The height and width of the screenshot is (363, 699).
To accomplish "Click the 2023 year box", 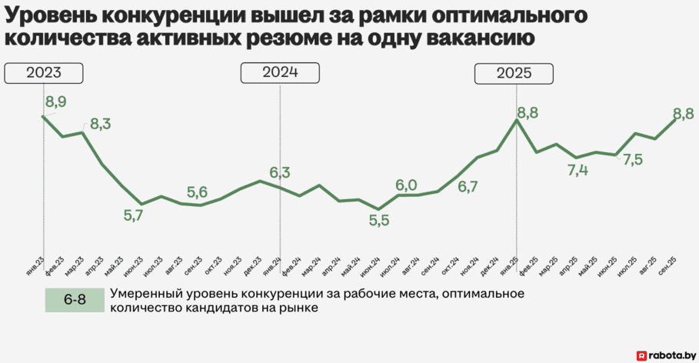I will [43, 73].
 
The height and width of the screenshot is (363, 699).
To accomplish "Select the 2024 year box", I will [280, 73].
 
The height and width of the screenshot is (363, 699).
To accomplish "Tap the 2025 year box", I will [513, 74].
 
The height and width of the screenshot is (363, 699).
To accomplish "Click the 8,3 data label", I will [101, 123].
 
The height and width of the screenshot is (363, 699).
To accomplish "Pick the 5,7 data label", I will [134, 216].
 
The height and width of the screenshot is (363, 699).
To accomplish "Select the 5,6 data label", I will [198, 192].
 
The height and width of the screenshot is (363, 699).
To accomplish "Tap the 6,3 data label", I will [280, 173].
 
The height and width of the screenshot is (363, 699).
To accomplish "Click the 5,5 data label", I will [379, 221].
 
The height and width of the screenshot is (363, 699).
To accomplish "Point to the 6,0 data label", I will [406, 185].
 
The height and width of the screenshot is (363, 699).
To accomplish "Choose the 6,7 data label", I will [468, 186].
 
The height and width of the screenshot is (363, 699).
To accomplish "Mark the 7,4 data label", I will [578, 170].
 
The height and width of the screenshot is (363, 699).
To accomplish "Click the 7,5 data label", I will [633, 160].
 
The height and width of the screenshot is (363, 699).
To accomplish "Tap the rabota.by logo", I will [666, 355].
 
